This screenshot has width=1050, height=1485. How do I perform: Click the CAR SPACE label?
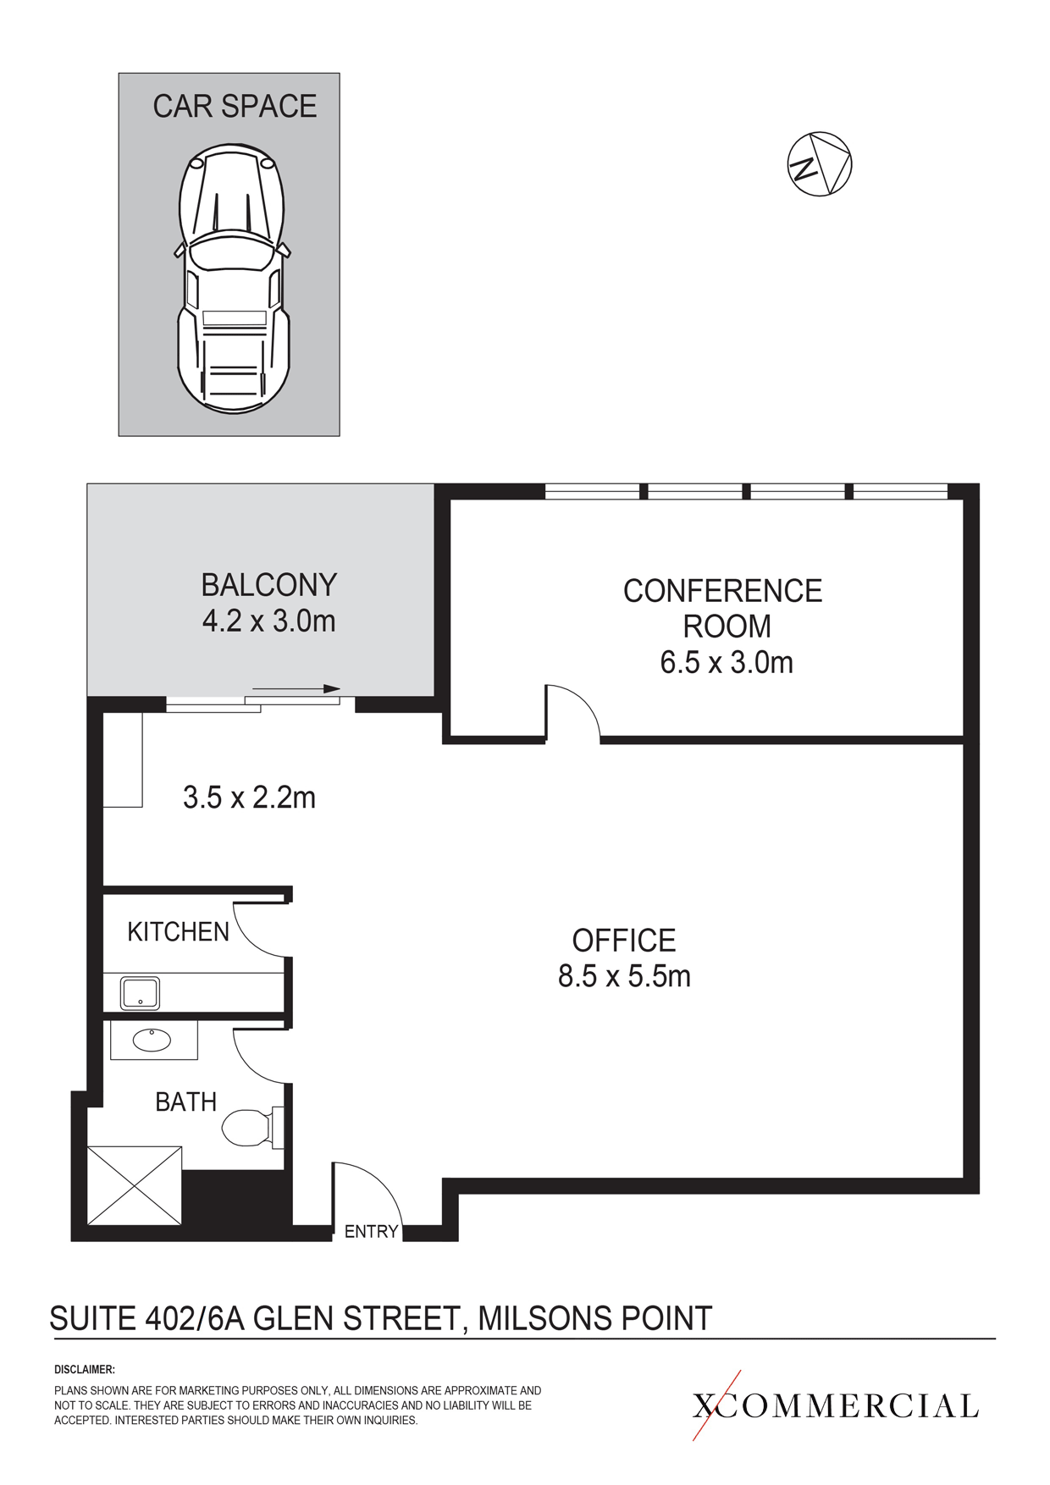click(235, 106)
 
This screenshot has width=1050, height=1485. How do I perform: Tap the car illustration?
click(233, 279)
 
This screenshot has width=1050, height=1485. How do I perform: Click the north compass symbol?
click(820, 164)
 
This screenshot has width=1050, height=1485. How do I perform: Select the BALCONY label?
click(269, 585)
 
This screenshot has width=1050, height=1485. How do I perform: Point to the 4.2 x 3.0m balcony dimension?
click(269, 621)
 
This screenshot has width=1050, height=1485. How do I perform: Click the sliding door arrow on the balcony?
click(296, 689)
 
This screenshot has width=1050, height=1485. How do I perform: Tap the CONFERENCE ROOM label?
click(724, 608)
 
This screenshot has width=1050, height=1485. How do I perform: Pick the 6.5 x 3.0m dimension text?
click(727, 662)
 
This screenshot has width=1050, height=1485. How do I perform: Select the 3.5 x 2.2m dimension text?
click(249, 798)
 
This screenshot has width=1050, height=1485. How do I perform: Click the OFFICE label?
click(624, 941)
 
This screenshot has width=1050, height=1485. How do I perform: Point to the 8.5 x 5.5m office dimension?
click(624, 976)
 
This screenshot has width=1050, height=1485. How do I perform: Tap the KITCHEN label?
click(178, 932)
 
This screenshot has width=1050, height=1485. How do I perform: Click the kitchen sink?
click(141, 993)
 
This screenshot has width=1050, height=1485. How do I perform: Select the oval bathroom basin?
click(152, 1039)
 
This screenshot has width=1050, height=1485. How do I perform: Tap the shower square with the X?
click(135, 1185)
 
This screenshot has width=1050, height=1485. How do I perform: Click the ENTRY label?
click(371, 1232)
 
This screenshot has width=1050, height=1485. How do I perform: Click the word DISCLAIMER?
click(85, 1369)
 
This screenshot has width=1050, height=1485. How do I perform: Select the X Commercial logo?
click(836, 1405)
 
